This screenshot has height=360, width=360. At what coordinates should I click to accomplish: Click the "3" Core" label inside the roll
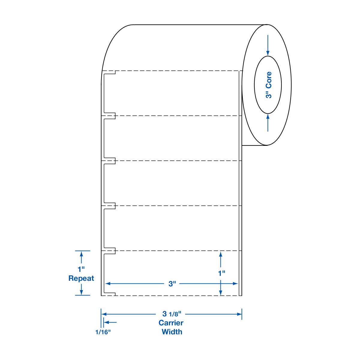tap(268, 85)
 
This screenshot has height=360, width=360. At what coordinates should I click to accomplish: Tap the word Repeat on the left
tap(81, 278)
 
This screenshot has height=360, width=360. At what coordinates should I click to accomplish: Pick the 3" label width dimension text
tap(172, 284)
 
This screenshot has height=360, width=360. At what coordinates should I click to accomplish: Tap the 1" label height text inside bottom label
tap(222, 273)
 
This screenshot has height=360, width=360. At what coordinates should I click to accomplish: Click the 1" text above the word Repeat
tap(81, 269)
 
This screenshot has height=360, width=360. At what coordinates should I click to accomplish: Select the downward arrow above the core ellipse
tap(268, 45)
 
